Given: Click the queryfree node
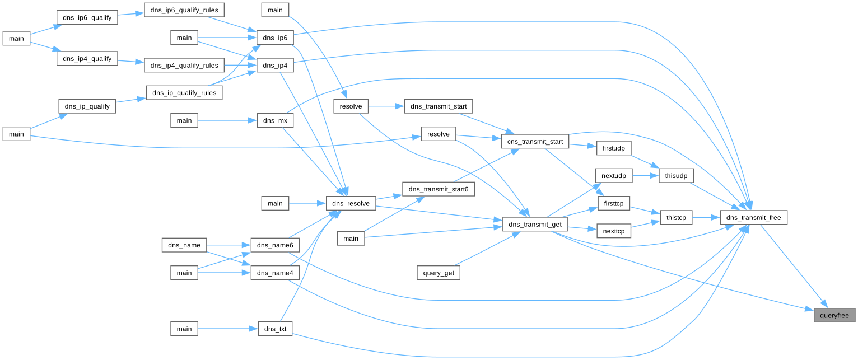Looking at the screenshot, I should pos(834,315).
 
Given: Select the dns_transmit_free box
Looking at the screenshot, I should pos(754,217).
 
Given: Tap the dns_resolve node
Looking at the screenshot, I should pos(351,203).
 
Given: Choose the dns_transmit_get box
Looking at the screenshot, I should pos(535,225).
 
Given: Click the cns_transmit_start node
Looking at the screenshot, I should pos(535,142).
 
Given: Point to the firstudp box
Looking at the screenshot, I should pos(614,148).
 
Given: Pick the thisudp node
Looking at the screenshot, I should pos(675,176).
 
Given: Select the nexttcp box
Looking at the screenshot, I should pos(614,230).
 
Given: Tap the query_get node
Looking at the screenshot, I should pos(439,273).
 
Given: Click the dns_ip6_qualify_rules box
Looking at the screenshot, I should pos(184,10).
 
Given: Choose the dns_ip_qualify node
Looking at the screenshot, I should pos(87,106).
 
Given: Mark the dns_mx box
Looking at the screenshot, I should pos(275,120).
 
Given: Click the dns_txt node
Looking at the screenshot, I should pos(275,329).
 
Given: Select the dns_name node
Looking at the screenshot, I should pos(184,245).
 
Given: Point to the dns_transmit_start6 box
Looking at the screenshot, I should pos(439,189).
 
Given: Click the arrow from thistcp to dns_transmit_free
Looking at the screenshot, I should pos(706,217).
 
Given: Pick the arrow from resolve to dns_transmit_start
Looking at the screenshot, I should pos(386,106).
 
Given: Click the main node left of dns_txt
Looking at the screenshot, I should pos(184,329).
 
